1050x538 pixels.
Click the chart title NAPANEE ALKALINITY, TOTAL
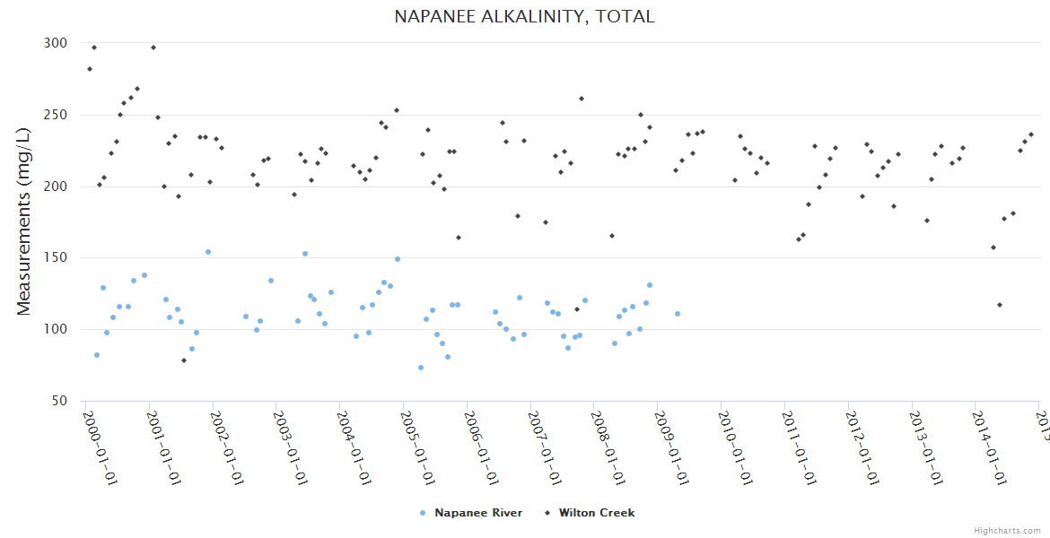[524, 17]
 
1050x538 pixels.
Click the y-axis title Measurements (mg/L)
[24, 221]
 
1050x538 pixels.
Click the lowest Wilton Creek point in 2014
[1000, 305]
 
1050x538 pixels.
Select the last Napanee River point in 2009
[678, 314]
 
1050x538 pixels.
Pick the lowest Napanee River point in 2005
[421, 368]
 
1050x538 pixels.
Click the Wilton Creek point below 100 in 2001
[184, 360]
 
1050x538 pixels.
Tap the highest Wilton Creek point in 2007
[582, 99]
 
